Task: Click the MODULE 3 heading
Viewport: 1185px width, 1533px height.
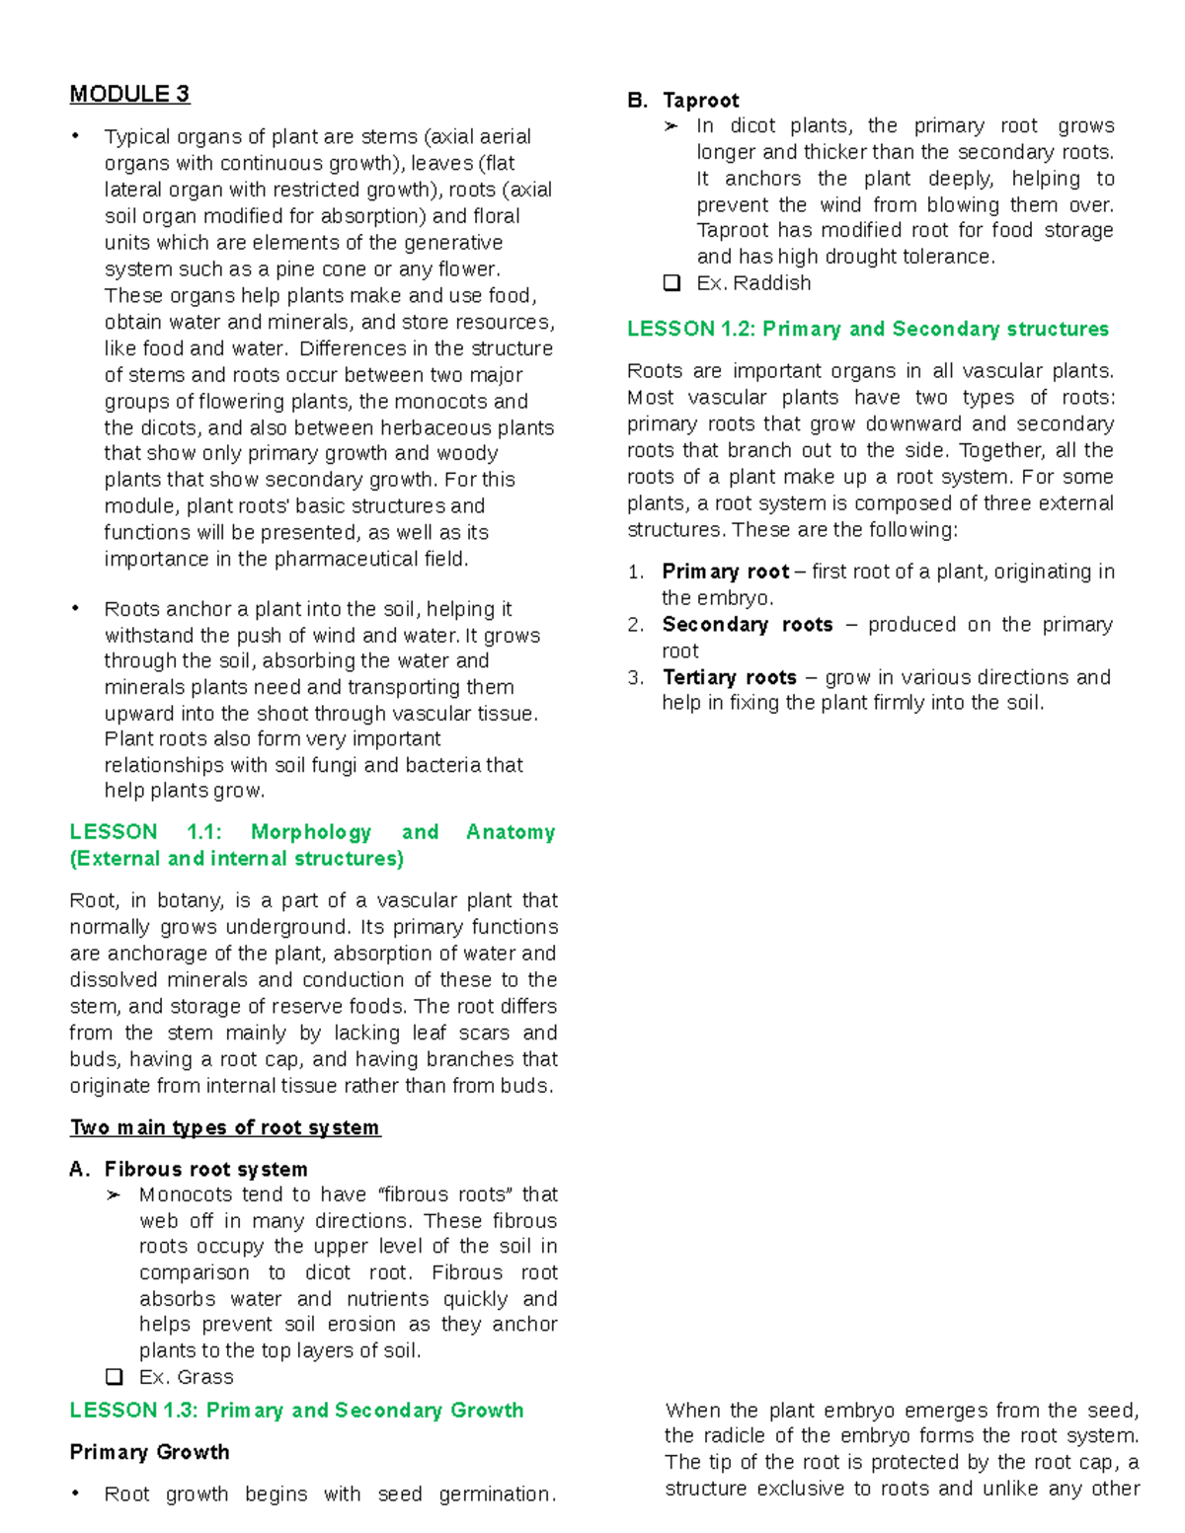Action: [129, 95]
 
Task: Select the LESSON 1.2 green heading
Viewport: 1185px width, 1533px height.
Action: [867, 329]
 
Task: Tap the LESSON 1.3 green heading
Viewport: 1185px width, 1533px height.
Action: [296, 1410]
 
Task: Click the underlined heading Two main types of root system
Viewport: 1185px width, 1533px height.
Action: [225, 1127]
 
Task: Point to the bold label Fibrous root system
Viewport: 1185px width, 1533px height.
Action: [205, 1169]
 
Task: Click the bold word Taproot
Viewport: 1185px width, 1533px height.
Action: [700, 100]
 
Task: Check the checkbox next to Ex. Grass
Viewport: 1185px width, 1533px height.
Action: [115, 1376]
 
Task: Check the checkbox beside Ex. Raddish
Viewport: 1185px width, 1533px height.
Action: [672, 283]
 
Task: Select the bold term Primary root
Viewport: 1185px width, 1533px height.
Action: [725, 572]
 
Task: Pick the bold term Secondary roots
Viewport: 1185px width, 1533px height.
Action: [747, 625]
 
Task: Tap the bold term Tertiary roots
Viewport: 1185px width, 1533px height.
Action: [729, 677]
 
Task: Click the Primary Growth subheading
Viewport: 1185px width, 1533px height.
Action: [149, 1452]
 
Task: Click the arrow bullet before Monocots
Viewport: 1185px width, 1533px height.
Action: [115, 1195]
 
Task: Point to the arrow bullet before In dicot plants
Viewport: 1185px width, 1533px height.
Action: [671, 126]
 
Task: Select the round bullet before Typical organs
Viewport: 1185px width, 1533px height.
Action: [75, 136]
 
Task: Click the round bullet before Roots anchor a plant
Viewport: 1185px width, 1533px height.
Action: [75, 608]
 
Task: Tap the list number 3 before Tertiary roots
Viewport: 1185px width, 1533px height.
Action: [635, 677]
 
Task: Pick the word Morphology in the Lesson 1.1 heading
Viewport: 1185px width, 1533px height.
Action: [311, 832]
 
